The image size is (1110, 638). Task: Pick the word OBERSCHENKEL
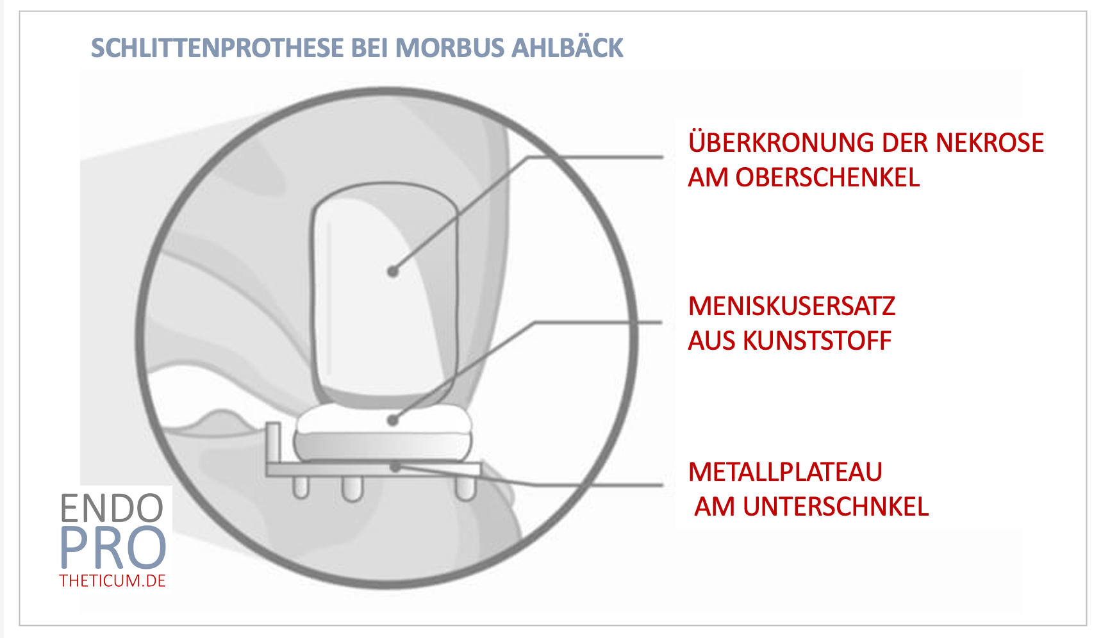click(827, 177)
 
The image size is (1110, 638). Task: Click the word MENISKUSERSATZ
click(791, 306)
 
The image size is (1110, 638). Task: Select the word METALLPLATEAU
click(785, 472)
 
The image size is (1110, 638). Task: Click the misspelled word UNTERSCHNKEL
click(836, 507)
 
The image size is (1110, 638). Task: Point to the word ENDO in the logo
click(112, 509)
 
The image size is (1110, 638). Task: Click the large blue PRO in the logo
click(113, 548)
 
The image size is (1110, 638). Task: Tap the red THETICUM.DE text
click(113, 581)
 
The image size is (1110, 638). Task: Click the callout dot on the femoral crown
click(393, 272)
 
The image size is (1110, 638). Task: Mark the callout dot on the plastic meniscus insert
click(393, 420)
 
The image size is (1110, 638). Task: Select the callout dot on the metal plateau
click(397, 466)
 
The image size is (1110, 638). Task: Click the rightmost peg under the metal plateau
click(465, 488)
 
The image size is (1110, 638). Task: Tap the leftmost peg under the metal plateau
click(301, 487)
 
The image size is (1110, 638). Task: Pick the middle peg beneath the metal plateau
click(352, 489)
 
